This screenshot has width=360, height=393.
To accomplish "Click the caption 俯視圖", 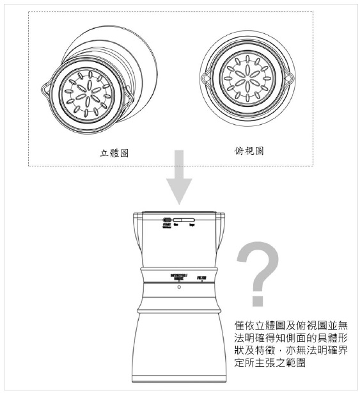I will click(x=246, y=151).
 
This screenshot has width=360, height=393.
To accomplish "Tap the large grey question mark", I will click(x=259, y=269).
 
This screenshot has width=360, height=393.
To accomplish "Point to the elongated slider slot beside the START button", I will click(x=185, y=219).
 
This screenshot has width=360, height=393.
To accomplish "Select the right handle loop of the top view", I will click(x=288, y=79).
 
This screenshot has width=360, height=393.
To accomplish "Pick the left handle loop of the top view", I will click(x=204, y=80).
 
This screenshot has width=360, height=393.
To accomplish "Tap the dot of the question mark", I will click(x=258, y=299).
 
